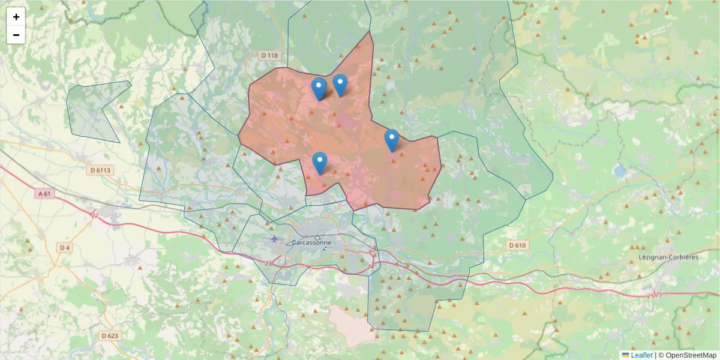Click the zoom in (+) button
[16, 17]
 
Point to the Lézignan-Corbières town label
[669, 257]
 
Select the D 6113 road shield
[101, 170]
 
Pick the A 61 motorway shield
[45, 194]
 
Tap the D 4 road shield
[65, 247]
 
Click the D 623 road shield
[110, 336]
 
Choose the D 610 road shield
[517, 245]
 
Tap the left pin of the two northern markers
[319, 89]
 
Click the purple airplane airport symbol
[274, 239]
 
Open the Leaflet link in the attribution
[640, 355]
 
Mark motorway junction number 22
[95, 214]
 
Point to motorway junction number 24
[371, 266]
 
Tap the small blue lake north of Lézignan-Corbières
[619, 171]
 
